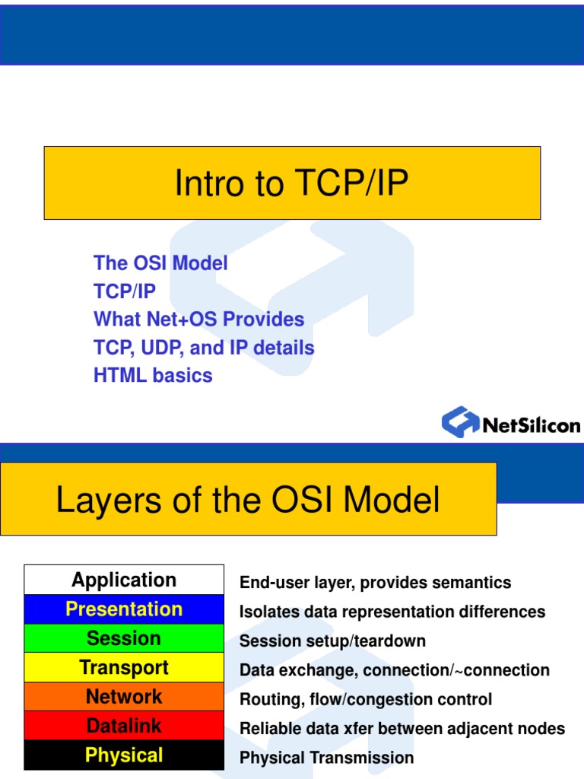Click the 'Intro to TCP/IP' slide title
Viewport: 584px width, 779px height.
[291, 183]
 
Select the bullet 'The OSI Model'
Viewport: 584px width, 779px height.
[160, 263]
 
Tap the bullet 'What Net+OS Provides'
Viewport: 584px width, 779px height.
[198, 320]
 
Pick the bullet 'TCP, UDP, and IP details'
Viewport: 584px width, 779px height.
[204, 348]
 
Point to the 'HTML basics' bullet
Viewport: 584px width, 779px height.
[153, 375]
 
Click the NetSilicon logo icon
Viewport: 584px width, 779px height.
[460, 421]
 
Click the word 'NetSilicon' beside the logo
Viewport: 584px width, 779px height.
[532, 424]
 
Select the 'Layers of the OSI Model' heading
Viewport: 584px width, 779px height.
[248, 500]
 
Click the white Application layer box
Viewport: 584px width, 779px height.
[124, 580]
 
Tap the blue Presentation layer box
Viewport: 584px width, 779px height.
[124, 609]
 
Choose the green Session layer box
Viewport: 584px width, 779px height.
[124, 638]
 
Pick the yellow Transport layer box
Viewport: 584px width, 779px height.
[124, 667]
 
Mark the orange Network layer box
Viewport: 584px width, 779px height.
[124, 696]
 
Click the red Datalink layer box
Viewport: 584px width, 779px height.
[124, 726]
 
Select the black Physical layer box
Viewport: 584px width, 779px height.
[124, 755]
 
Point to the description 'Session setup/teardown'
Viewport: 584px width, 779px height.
[332, 641]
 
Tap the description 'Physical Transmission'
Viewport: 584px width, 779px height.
[326, 758]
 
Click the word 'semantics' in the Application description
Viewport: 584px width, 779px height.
[474, 583]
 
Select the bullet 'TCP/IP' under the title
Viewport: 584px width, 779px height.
[125, 291]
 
